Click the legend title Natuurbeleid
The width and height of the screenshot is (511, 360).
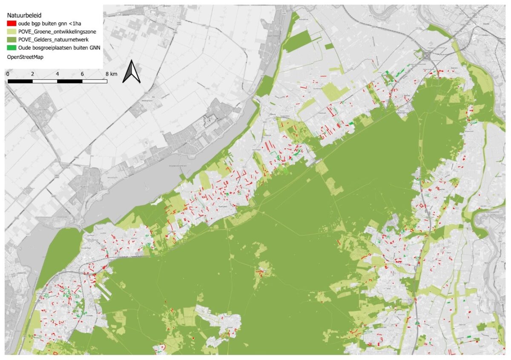pos(24,15)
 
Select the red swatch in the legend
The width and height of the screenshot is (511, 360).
pos(12,23)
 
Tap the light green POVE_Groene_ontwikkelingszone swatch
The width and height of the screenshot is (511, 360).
pos(12,32)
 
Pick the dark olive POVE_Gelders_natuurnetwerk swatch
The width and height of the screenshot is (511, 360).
pos(12,40)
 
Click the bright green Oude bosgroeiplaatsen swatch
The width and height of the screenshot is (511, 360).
pos(12,48)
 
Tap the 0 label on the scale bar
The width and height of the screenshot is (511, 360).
pos(8,74)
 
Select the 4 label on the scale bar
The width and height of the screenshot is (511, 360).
pos(57,74)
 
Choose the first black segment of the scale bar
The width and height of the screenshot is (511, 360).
pos(20,81)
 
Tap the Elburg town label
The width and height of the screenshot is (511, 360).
pos(273,114)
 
